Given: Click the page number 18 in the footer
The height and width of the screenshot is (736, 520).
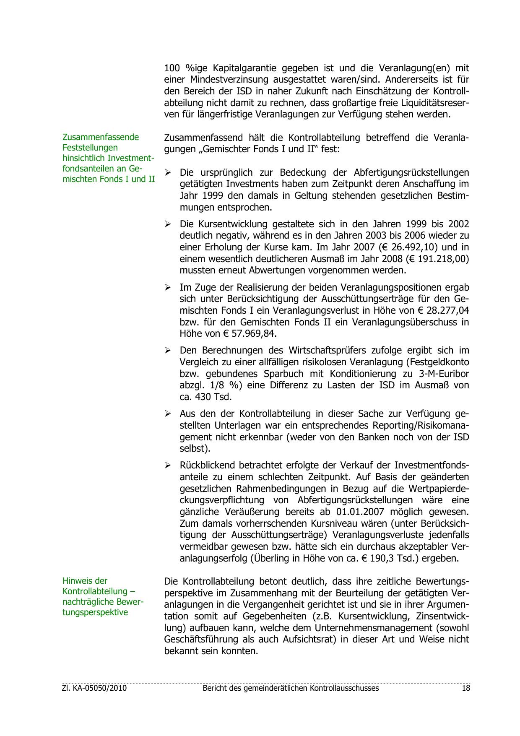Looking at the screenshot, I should (465, 688).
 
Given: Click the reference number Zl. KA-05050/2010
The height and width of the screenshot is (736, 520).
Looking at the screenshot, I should (94, 688).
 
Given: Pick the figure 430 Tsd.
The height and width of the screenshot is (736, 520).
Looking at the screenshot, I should (213, 397).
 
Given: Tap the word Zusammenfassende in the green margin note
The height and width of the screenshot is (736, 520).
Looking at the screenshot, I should (101, 137).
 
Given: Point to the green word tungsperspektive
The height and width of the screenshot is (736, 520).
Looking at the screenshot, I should (95, 612).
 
